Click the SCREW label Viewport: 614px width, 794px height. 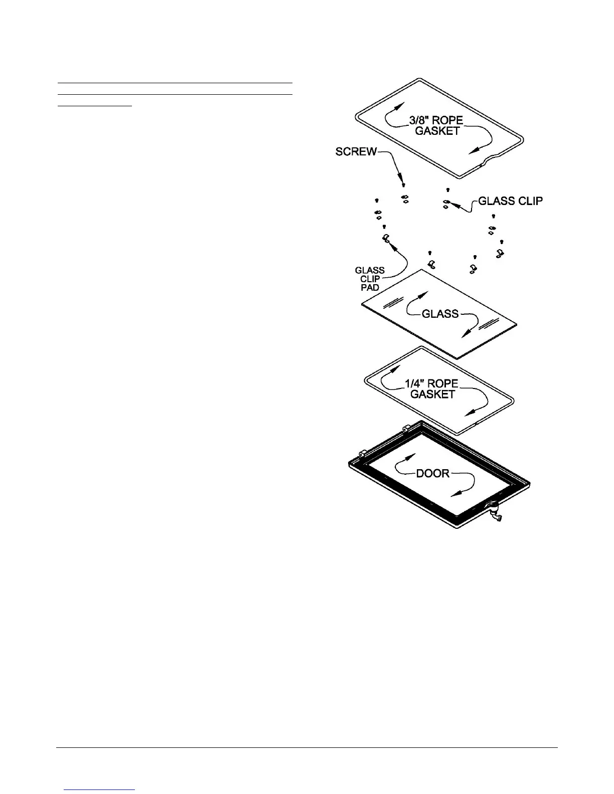pyautogui.click(x=356, y=151)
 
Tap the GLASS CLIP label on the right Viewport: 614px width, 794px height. pyautogui.click(x=510, y=201)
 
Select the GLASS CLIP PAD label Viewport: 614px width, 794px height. pyautogui.click(x=370, y=279)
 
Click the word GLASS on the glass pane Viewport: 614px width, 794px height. pyautogui.click(x=440, y=314)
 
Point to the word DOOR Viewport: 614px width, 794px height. pyautogui.click(x=433, y=473)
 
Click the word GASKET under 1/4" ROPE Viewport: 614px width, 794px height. pyautogui.click(x=432, y=394)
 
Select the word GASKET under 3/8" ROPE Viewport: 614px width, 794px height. pyautogui.click(x=437, y=131)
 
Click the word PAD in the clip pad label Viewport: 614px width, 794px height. pyautogui.click(x=370, y=288)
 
